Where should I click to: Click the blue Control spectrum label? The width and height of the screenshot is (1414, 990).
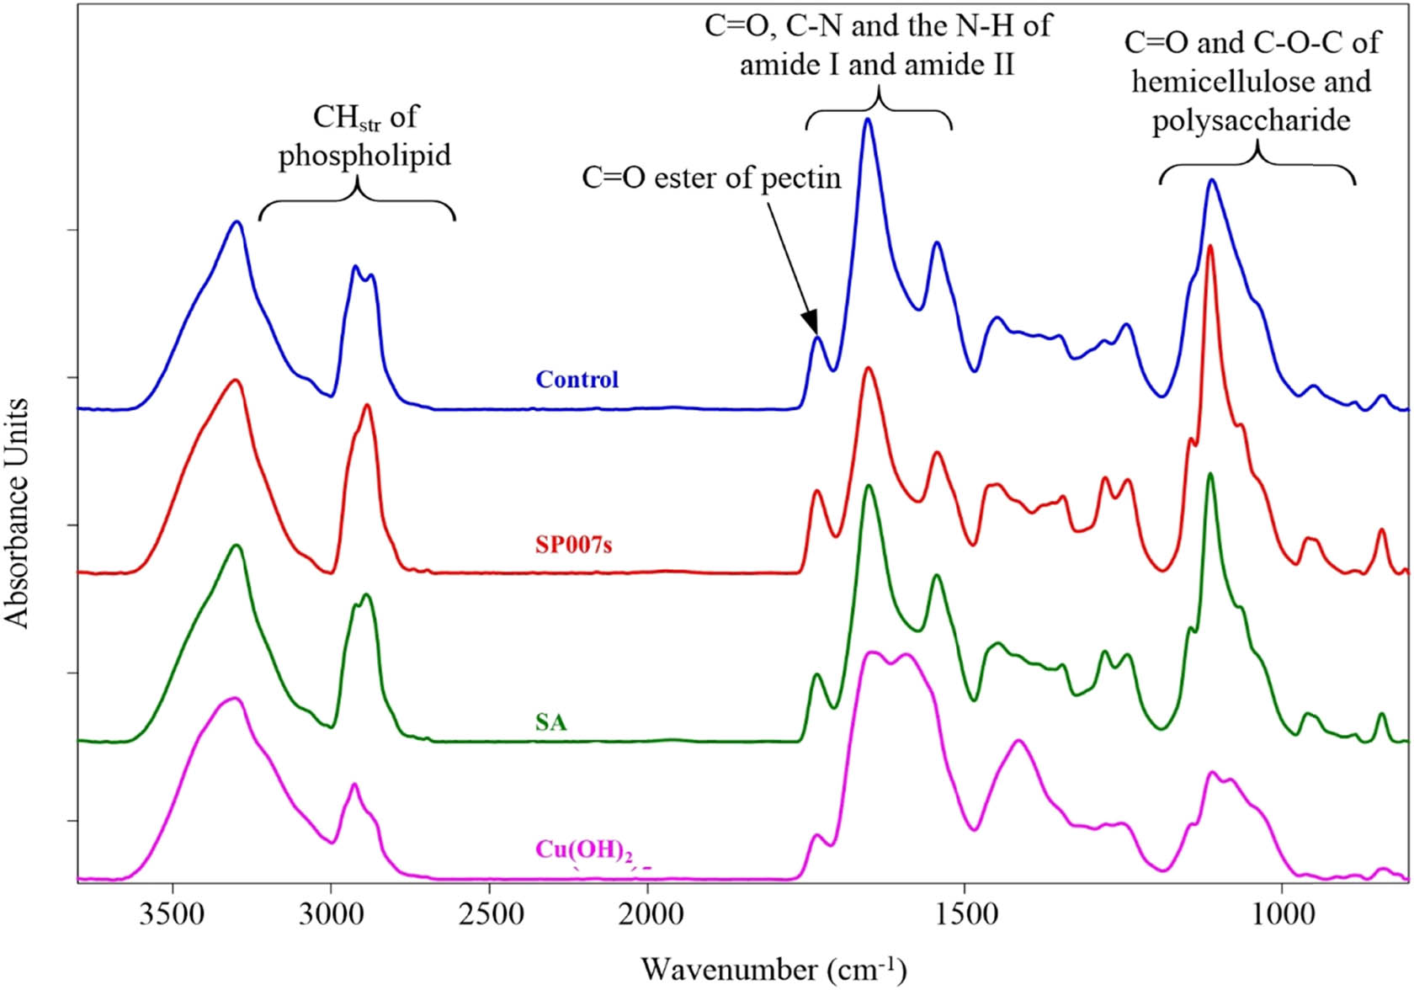coord(577,380)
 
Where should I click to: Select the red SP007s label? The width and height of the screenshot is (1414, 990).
coord(573,546)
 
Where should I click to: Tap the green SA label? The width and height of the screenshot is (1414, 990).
coord(550,722)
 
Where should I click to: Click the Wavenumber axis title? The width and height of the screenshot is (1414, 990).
coord(773,969)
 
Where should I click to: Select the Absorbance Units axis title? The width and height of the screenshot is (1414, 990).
coord(17,514)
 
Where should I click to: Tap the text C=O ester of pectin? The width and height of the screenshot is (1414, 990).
coord(711,178)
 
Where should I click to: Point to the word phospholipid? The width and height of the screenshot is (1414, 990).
coord(364,155)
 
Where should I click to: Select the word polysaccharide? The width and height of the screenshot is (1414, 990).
coord(1251,121)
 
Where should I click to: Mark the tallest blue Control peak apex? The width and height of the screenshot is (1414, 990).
coord(867,120)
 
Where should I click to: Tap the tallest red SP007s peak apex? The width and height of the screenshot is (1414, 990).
coord(1210,246)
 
